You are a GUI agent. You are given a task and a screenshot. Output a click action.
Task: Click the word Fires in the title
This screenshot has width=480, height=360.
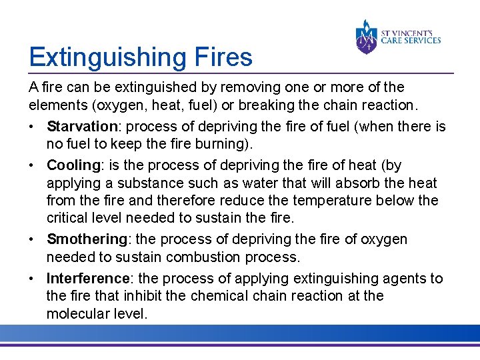point(223,57)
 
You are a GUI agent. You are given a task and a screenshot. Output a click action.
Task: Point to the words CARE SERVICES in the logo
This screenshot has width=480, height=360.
point(411,40)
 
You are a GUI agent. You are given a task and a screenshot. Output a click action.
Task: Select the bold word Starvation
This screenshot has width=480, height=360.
point(82,127)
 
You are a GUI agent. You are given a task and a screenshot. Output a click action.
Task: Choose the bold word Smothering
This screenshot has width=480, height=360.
point(87,239)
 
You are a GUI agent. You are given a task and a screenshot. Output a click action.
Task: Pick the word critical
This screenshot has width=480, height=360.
point(68,219)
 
